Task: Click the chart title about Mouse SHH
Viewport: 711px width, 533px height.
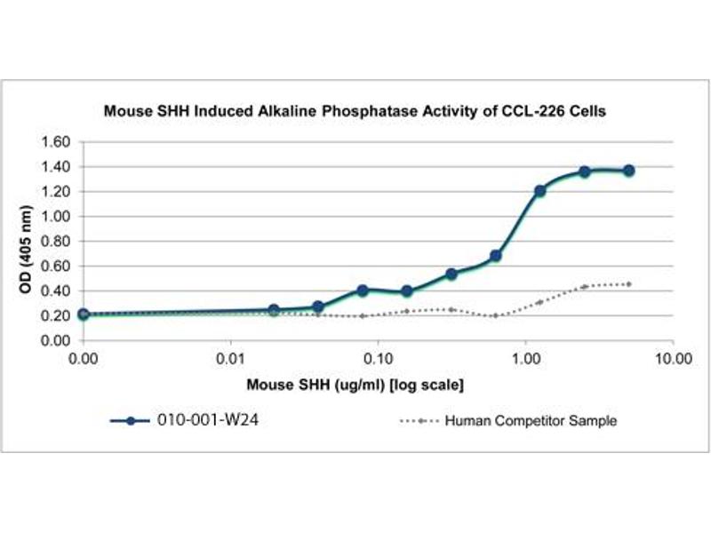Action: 355,112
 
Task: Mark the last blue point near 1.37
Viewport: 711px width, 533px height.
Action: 628,170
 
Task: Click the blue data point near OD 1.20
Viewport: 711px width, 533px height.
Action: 539,191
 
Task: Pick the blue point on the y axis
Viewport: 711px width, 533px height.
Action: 83,314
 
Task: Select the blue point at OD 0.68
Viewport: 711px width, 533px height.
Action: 496,256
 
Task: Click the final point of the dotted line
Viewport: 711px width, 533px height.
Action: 628,284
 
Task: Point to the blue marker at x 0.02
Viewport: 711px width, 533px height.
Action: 274,310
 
